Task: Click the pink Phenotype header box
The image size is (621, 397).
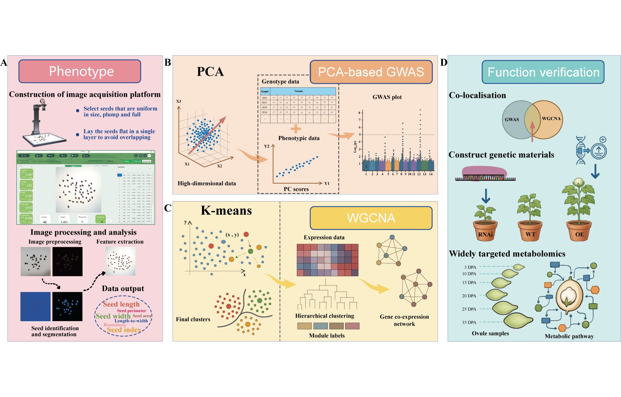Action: coord(80,71)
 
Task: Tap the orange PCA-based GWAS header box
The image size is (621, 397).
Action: coord(371,72)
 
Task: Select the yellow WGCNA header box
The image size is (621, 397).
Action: coord(371,218)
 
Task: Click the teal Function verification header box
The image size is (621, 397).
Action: coord(543,72)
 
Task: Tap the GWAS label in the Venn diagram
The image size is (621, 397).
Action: coord(512,119)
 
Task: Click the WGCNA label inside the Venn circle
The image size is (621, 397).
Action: coord(551,119)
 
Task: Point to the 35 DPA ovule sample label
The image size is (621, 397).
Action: coord(469,322)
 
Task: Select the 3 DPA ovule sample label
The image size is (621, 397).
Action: coord(470,267)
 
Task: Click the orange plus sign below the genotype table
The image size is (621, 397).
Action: coord(295,129)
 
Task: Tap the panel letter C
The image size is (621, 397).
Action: coord(168,208)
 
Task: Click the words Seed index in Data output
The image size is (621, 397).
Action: coord(124,330)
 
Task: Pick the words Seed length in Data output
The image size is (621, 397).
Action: coord(121,304)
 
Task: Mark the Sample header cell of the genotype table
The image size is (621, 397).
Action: coord(265,91)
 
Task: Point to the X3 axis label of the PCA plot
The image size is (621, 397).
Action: coord(179,101)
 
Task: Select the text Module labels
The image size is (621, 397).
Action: coord(327,335)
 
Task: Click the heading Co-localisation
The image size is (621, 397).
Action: coord(477,95)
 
